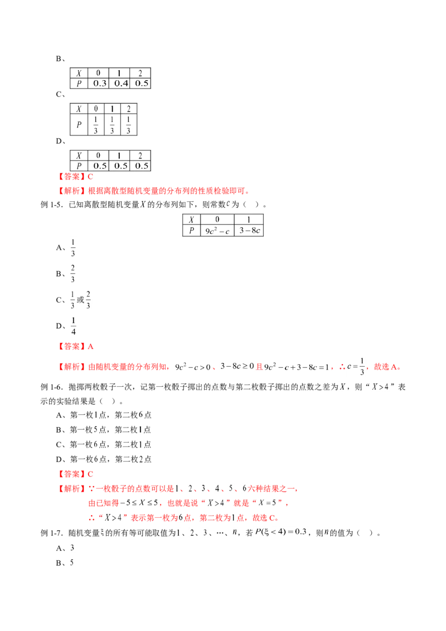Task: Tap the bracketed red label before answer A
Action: tap(71, 347)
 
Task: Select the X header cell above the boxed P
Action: tap(192, 219)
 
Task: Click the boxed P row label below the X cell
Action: tap(192, 230)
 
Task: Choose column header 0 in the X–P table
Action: tap(217, 219)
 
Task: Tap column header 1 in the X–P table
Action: tap(249, 219)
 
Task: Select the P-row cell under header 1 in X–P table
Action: tap(249, 230)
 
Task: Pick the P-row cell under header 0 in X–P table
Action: tap(217, 230)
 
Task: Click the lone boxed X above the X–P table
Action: tap(143, 205)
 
